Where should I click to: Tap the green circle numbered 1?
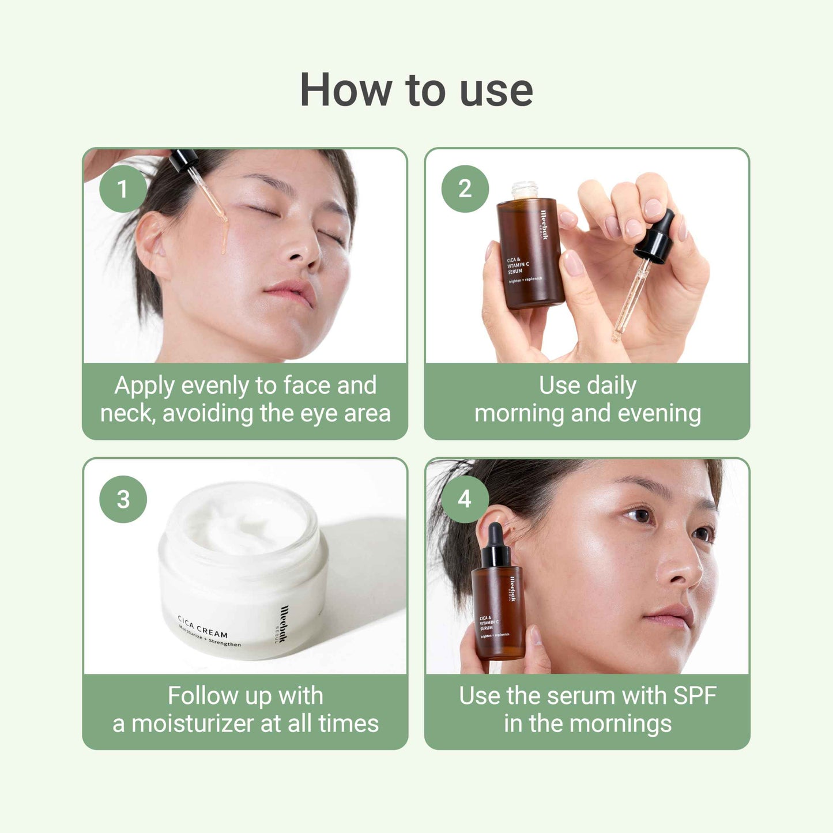click(122, 189)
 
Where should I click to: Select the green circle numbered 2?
click(465, 189)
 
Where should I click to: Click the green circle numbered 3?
click(123, 499)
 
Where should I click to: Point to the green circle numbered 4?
click(465, 499)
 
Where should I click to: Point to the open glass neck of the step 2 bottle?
click(524, 190)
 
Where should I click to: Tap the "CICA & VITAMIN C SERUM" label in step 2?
click(517, 266)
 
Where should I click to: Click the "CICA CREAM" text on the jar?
click(202, 627)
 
